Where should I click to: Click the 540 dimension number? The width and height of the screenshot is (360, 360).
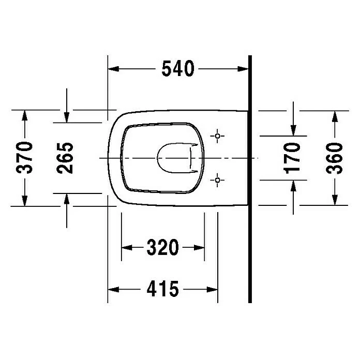point(178,69)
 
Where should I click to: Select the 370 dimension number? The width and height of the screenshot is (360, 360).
point(24,157)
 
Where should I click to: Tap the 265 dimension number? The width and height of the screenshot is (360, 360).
point(65,158)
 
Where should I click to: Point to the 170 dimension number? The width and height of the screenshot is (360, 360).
point(292,158)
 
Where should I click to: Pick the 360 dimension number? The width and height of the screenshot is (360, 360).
point(334,158)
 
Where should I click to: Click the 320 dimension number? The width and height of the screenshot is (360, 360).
point(162,247)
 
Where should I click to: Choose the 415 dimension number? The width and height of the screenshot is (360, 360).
point(162,289)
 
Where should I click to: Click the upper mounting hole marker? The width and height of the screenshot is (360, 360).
point(217,136)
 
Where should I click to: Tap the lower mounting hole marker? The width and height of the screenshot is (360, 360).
point(217,180)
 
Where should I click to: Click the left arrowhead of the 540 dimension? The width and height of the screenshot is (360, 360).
point(113,69)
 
